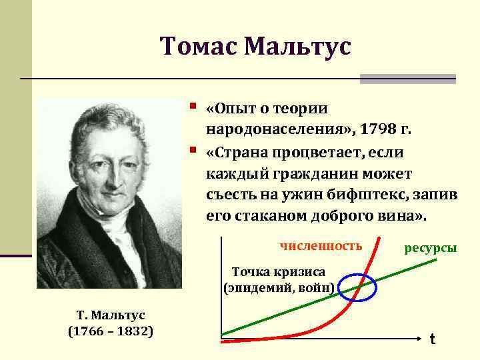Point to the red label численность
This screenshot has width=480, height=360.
pos(321,246)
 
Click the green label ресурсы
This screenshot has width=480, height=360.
pos(431,248)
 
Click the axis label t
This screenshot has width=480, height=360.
pos(432,340)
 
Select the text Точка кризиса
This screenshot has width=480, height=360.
pos(278,272)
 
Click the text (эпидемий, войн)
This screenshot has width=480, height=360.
pos(279,288)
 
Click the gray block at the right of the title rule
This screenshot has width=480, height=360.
pos(407,79)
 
